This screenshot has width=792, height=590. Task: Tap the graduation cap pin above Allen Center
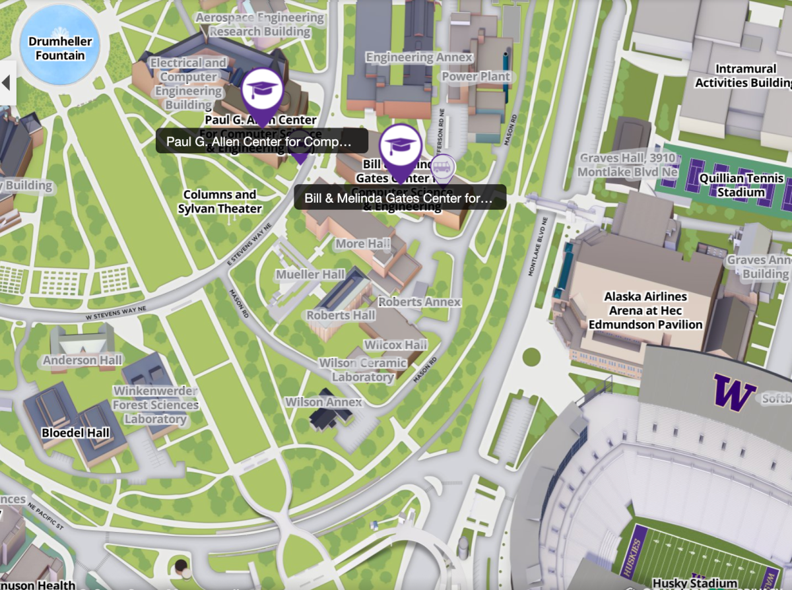pyautogui.click(x=262, y=90)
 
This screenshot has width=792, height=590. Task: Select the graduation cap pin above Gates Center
pyautogui.click(x=400, y=146)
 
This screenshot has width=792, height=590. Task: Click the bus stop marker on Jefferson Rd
pyautogui.click(x=447, y=168)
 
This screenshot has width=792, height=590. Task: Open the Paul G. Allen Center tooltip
pyautogui.click(x=257, y=141)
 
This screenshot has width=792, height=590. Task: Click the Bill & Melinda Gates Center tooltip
pyautogui.click(x=399, y=197)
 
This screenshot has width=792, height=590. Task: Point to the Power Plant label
pyautogui.click(x=476, y=77)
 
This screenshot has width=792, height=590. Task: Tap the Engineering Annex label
pyautogui.click(x=419, y=57)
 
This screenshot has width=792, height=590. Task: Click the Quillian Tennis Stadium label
pyautogui.click(x=741, y=185)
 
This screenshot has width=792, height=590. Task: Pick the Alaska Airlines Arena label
pyautogui.click(x=645, y=311)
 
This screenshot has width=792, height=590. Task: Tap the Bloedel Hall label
pyautogui.click(x=75, y=434)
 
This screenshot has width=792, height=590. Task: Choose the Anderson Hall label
pyautogui.click(x=82, y=360)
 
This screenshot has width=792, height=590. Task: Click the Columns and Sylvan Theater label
pyautogui.click(x=220, y=202)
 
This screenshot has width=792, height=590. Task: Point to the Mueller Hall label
pyautogui.click(x=310, y=275)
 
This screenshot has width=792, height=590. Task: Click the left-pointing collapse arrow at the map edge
pyautogui.click(x=7, y=83)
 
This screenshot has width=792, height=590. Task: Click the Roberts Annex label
pyautogui.click(x=419, y=302)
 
